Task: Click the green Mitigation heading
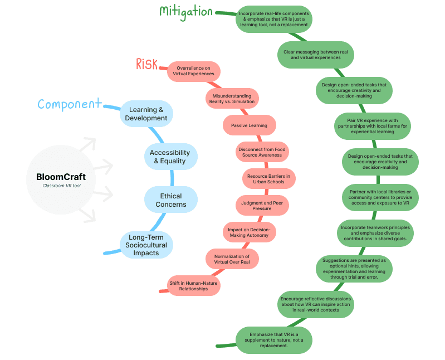[x=186, y=11]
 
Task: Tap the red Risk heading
[x=146, y=64]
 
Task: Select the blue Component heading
[x=70, y=104]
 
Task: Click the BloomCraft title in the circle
[x=61, y=177]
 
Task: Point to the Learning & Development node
[x=146, y=114]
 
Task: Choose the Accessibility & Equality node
[x=170, y=157]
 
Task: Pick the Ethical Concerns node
[x=171, y=200]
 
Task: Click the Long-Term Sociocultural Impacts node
[x=146, y=244]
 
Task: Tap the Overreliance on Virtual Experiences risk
[x=192, y=70]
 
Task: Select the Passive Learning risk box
[x=249, y=125]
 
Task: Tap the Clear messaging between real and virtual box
[x=316, y=54]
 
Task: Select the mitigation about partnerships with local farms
[x=372, y=126]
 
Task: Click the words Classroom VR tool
[x=61, y=186]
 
